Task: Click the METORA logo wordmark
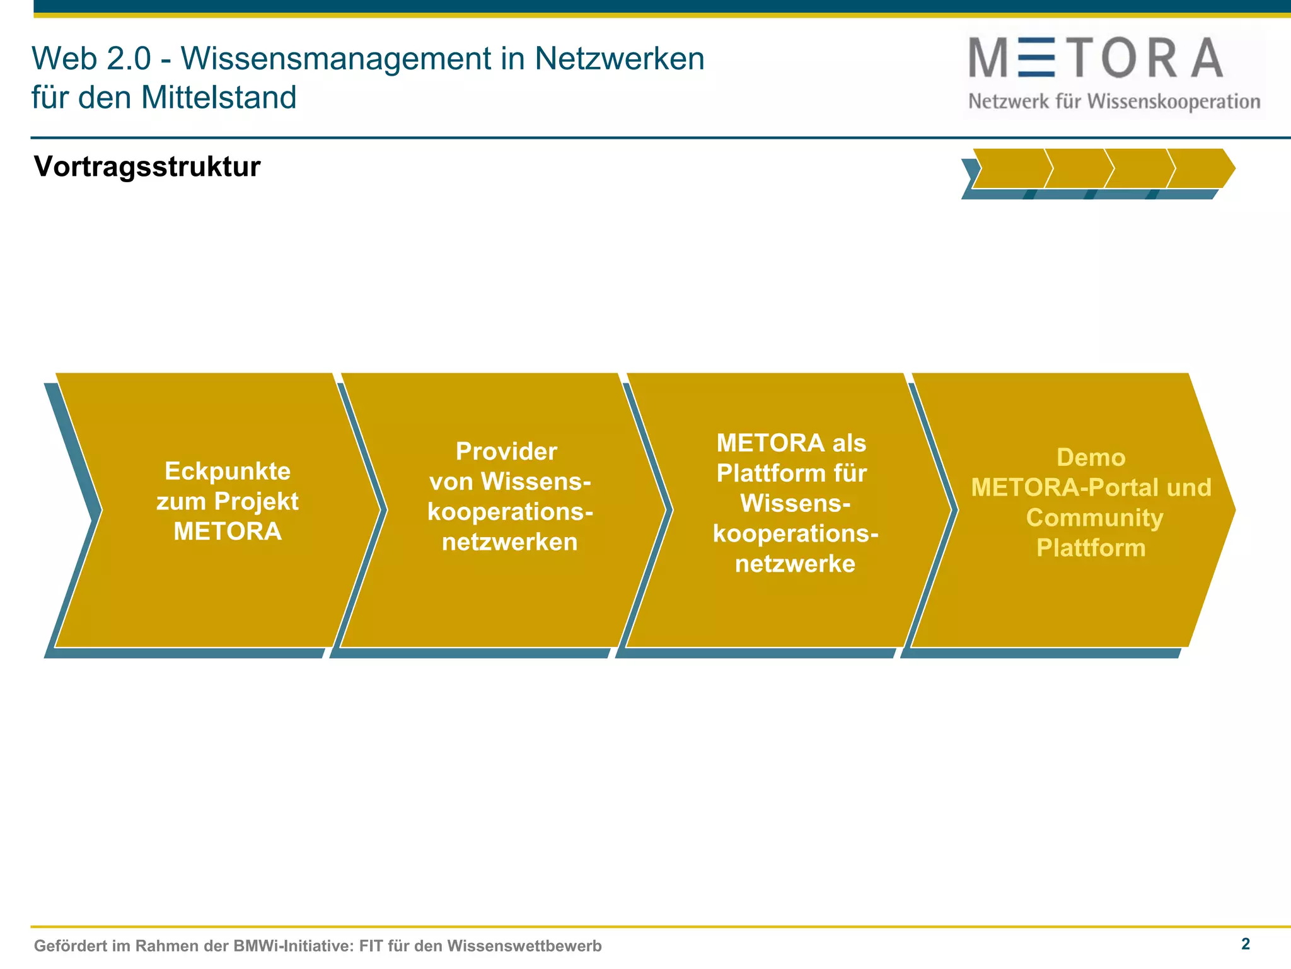[x=1096, y=58]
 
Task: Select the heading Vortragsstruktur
[x=147, y=166]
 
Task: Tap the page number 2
[x=1245, y=944]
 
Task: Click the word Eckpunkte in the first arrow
[x=228, y=471]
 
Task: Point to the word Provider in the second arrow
[x=506, y=451]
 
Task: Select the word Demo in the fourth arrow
[x=1091, y=457]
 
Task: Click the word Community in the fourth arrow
[x=1094, y=518]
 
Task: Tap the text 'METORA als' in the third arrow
[x=791, y=443]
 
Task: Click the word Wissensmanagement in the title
[x=335, y=59]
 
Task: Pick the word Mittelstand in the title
[x=219, y=98]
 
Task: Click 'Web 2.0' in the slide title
[x=91, y=59]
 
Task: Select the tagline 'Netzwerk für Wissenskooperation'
[x=1114, y=102]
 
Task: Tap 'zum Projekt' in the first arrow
[x=228, y=501]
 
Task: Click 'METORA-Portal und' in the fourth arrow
[x=1091, y=487]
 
